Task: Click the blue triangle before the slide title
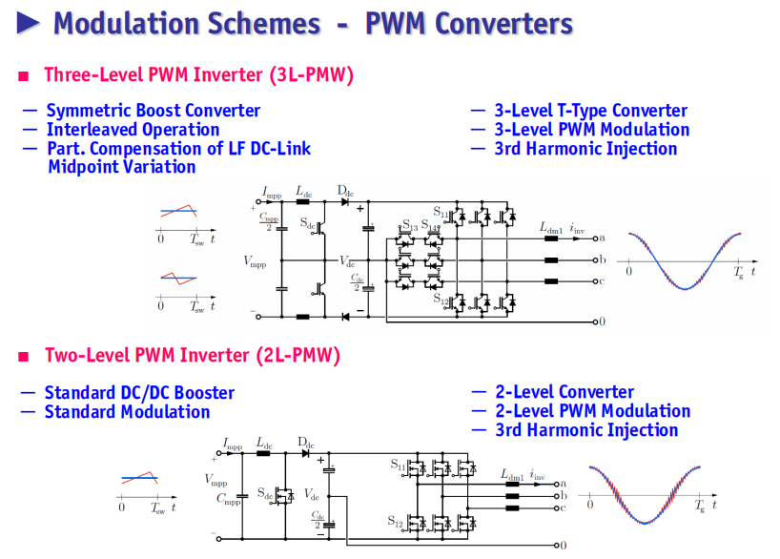[28, 23]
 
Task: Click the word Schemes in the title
[263, 24]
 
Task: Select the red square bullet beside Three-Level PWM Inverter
[24, 76]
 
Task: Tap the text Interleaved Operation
[133, 130]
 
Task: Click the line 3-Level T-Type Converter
[590, 110]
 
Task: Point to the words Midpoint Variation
[122, 167]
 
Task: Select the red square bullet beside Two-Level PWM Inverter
[24, 357]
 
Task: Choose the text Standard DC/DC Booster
[139, 393]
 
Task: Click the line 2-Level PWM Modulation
[592, 410]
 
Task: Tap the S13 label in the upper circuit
[410, 225]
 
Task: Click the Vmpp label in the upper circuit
[255, 261]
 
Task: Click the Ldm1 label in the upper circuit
[551, 228]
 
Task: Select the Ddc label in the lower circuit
[305, 443]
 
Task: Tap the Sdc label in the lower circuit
[265, 493]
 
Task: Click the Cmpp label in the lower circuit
[228, 499]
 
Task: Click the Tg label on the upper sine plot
[738, 272]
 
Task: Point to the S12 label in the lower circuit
[396, 521]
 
